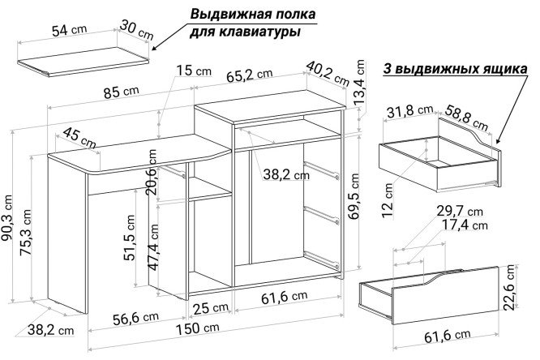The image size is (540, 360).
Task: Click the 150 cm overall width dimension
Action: click(198, 328)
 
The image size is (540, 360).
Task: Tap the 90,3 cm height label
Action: click(6, 221)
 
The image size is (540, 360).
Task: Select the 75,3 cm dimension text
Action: click(25, 232)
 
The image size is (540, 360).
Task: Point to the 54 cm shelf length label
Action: click(69, 30)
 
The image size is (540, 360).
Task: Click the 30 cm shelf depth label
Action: click(137, 29)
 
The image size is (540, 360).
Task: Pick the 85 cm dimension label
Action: click(122, 92)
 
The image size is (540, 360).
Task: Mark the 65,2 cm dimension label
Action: click(250, 75)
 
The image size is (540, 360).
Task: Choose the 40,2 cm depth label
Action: click(328, 73)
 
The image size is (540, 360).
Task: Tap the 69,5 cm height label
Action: click(354, 196)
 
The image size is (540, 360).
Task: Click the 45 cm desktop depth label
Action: click(79, 138)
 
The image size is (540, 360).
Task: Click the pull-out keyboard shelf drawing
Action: click(84, 62)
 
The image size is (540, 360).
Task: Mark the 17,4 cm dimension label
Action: click(462, 225)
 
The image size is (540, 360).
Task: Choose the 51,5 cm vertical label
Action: click(130, 238)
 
